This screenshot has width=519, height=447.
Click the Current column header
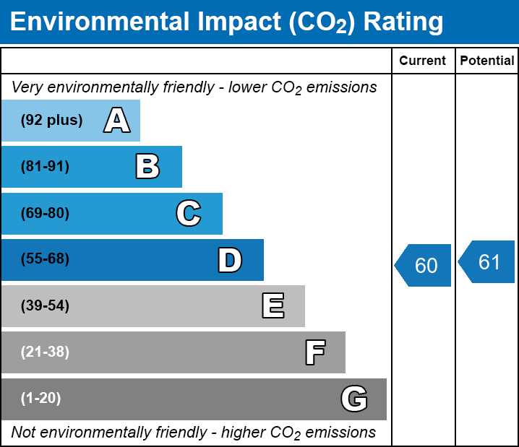pyautogui.click(x=423, y=61)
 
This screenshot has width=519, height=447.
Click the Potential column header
pyautogui.click(x=487, y=61)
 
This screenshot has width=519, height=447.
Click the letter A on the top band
pyautogui.click(x=117, y=121)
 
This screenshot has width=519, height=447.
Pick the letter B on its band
pyautogui.click(x=147, y=167)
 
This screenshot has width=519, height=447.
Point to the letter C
pyautogui.click(x=189, y=214)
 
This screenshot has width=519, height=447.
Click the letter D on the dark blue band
pyautogui.click(x=230, y=260)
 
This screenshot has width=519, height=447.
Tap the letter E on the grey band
pyautogui.click(x=273, y=306)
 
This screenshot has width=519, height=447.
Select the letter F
pyautogui.click(x=314, y=352)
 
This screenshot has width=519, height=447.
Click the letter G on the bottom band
pyautogui.click(x=354, y=399)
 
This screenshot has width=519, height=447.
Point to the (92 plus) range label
pyautogui.click(x=51, y=121)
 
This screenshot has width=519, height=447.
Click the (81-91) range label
pyautogui.click(x=45, y=167)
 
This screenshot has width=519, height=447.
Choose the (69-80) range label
pyautogui.click(x=45, y=214)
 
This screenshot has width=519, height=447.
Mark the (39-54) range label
pyautogui.click(x=45, y=306)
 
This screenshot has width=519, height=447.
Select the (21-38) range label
pyautogui.click(x=45, y=352)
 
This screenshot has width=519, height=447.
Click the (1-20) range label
pyautogui.click(x=41, y=399)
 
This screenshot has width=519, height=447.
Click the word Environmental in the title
pyautogui.click(x=100, y=22)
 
